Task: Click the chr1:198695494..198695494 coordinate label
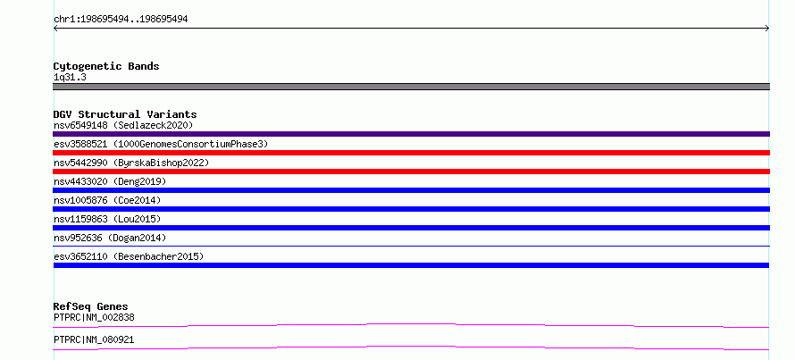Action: pos(121,20)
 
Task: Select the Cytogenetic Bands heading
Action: pos(106,66)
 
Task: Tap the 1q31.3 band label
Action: pos(70,77)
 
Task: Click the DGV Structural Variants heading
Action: pos(125,114)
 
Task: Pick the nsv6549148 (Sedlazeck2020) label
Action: pos(123,125)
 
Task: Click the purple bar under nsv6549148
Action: pos(411,134)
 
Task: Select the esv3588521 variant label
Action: pos(161,144)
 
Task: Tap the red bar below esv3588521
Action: pos(411,153)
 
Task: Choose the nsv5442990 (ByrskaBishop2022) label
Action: pos(131,163)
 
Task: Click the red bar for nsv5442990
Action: pos(411,172)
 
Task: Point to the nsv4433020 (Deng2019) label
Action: pos(110,181)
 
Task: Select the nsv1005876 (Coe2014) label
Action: pos(107,200)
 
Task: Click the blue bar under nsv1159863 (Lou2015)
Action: pos(411,228)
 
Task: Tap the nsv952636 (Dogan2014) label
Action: pos(110,238)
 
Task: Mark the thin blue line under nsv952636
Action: pos(411,246)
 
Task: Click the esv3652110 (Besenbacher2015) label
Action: pos(129,256)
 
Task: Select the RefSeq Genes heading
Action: pos(91,306)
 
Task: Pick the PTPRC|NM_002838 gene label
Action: pos(94,317)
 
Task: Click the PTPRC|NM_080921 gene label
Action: pos(94,339)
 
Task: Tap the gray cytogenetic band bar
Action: pos(411,87)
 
